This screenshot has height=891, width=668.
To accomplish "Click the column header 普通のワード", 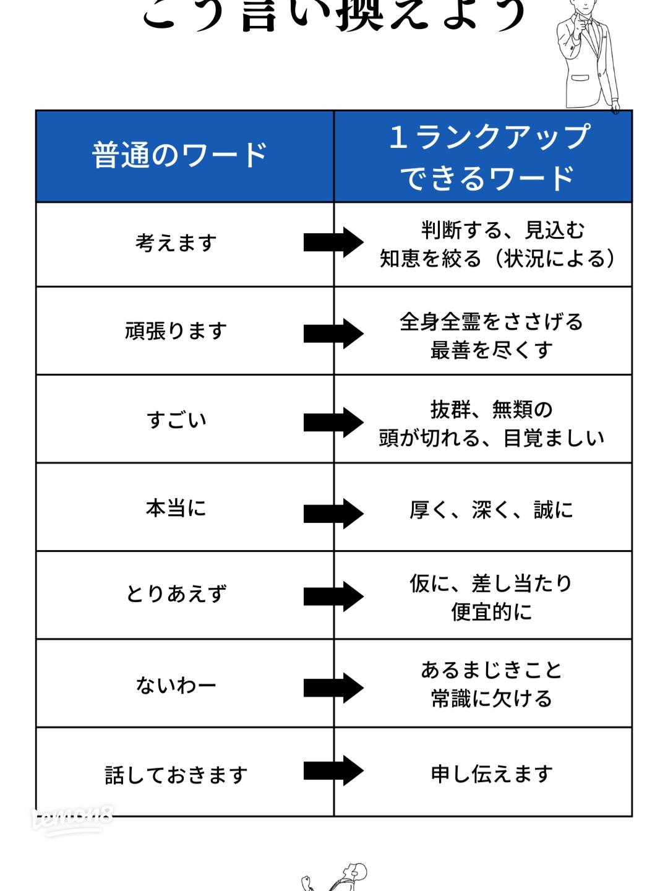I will [x=179, y=155].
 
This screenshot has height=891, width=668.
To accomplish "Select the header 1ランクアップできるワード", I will [x=489, y=157].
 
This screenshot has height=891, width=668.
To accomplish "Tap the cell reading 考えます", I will [x=176, y=243].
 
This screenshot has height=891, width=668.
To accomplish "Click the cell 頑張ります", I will [x=176, y=331].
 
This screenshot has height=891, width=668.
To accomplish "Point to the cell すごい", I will [x=176, y=420].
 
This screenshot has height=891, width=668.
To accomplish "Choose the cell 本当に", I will [x=176, y=509].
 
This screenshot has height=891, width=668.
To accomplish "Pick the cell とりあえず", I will [x=176, y=594].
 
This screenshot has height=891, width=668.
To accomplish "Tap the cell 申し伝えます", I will [x=492, y=773].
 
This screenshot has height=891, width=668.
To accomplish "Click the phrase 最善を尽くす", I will [x=492, y=350].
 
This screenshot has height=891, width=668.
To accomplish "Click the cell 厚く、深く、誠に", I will [x=492, y=510].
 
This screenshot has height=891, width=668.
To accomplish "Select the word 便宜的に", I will [x=492, y=612].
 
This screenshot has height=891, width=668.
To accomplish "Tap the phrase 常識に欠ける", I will [x=492, y=699].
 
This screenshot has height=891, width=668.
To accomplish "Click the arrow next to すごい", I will [x=333, y=422].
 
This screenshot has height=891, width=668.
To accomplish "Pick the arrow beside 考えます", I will [x=333, y=242].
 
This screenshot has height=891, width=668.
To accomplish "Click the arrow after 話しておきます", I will [x=333, y=771].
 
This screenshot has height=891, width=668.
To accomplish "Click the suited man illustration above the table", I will [x=588, y=56].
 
